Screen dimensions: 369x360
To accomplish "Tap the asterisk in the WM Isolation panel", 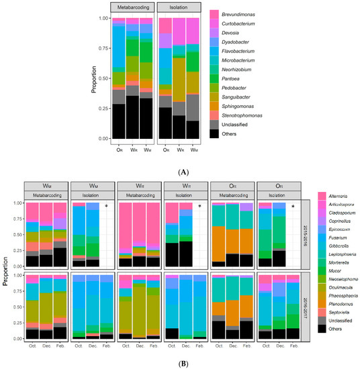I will (x=106, y=207).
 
